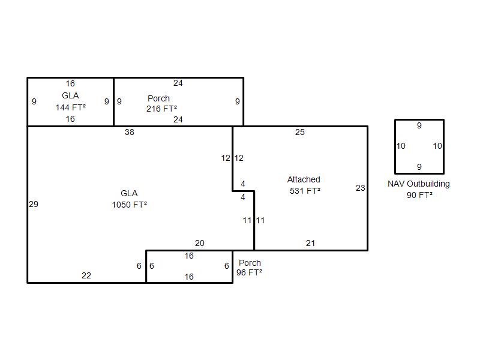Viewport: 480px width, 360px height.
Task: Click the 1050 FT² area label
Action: (x=129, y=205)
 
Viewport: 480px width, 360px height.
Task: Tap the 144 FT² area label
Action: (x=70, y=107)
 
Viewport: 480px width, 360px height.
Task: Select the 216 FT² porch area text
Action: (x=161, y=109)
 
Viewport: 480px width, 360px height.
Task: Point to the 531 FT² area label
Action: (x=305, y=191)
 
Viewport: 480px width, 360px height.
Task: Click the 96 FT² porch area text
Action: (x=249, y=272)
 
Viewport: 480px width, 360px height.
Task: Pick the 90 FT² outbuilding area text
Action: (x=419, y=195)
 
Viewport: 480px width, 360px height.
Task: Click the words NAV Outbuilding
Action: (x=419, y=184)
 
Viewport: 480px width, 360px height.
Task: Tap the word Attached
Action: (x=304, y=179)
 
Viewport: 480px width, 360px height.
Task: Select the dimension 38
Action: (x=129, y=132)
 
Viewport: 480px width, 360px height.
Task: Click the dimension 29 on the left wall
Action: (x=34, y=204)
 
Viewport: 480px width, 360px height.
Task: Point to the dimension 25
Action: (x=300, y=132)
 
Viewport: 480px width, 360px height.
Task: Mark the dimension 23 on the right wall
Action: (x=360, y=188)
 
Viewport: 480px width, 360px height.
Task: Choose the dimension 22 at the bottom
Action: (x=86, y=275)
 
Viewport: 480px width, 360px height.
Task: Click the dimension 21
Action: (x=310, y=243)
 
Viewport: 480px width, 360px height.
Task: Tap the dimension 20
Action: (x=200, y=243)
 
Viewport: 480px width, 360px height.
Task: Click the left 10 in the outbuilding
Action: (x=401, y=146)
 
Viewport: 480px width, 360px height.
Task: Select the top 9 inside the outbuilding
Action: (x=419, y=126)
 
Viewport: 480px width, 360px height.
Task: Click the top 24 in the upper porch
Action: (x=178, y=83)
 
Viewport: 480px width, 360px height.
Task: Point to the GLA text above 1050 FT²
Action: (x=129, y=193)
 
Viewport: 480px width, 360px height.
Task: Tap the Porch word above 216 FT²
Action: (x=158, y=98)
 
